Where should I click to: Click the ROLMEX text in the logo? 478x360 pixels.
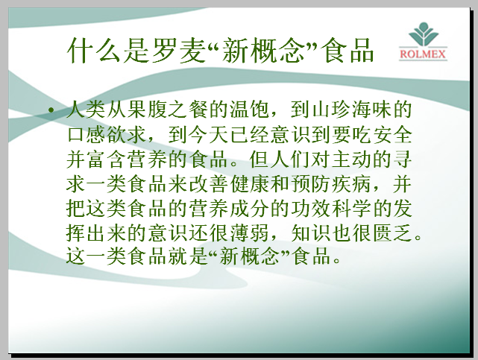click(423, 54)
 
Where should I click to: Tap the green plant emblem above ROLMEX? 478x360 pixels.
click(423, 34)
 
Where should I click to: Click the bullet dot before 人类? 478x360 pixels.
click(51, 110)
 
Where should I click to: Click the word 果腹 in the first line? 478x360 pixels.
click(137, 110)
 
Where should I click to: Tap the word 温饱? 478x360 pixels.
click(249, 110)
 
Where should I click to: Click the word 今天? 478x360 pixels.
click(209, 135)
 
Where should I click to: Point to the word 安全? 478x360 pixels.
click(392, 135)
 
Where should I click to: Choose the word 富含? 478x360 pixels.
click(107, 160)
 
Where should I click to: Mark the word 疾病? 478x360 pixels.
click(351, 184)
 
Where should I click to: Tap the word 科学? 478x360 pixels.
click(351, 209)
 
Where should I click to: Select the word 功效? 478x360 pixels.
click(310, 209)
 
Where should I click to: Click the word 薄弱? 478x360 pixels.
click(249, 233)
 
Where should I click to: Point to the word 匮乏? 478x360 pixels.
click(392, 233)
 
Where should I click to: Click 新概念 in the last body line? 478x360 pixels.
click(249, 256)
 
